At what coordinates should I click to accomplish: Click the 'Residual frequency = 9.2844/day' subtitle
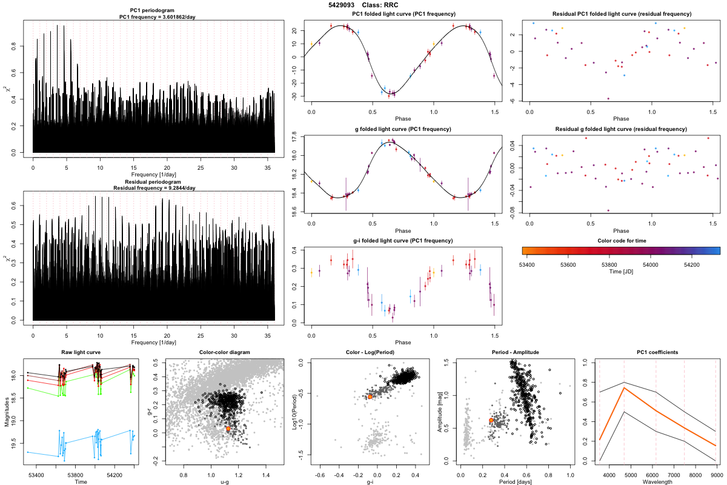154,188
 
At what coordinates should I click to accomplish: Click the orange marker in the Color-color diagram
228,428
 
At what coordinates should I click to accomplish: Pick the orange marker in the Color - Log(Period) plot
370,396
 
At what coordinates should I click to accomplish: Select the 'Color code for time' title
621,241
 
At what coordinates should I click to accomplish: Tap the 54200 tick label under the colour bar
691,264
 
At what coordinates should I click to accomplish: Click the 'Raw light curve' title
81,352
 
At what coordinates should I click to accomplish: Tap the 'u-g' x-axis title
225,481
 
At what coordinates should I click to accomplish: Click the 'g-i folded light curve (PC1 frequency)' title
403,241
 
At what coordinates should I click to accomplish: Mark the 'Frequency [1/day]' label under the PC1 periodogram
154,175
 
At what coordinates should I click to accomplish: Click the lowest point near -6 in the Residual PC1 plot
608,98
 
